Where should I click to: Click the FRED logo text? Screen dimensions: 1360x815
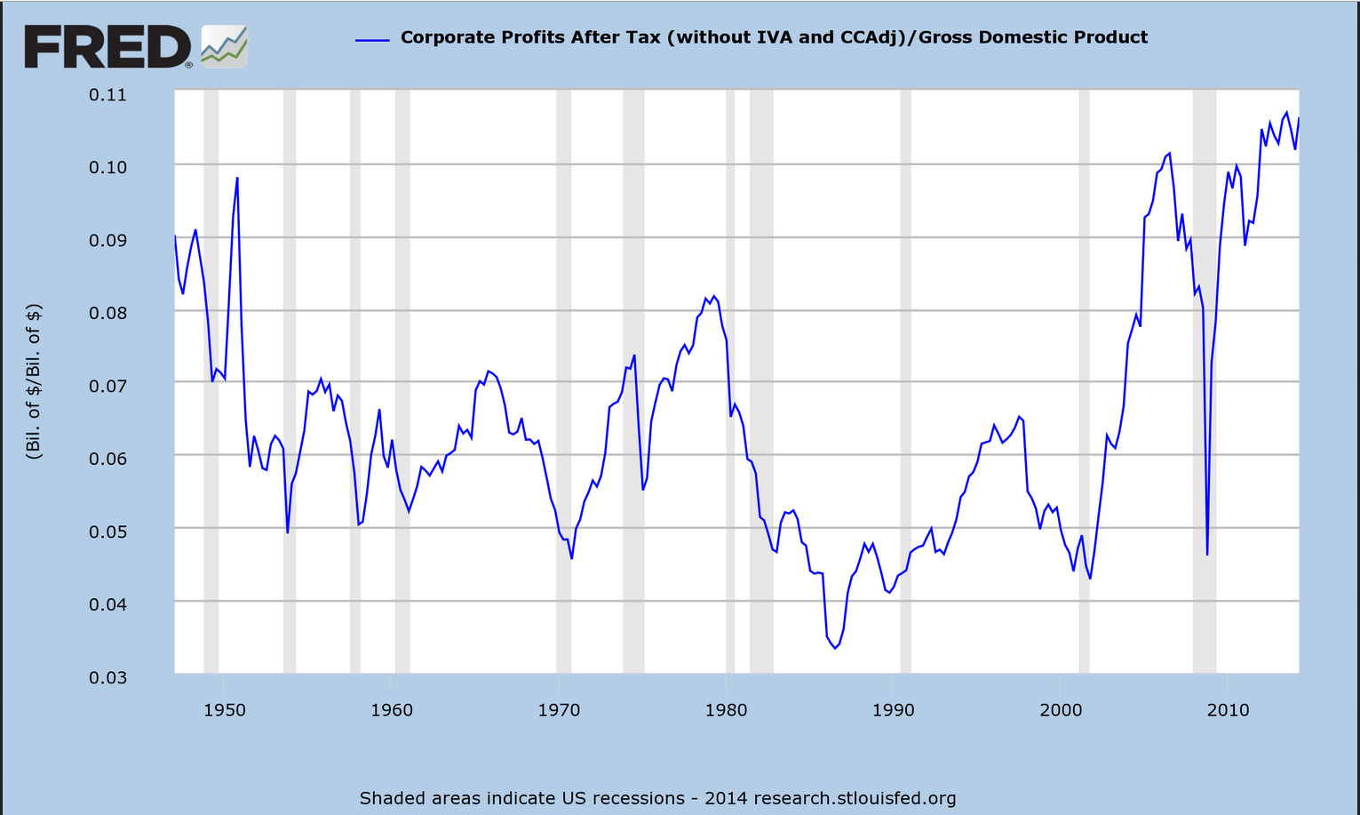(x=107, y=47)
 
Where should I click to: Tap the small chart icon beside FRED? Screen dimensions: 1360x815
(x=224, y=47)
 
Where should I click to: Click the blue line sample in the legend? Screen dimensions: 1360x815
(x=372, y=40)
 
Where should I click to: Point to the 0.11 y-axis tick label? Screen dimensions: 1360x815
(x=107, y=95)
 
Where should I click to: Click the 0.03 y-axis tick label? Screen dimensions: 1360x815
(x=107, y=677)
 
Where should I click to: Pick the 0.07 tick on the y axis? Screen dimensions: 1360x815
(x=107, y=386)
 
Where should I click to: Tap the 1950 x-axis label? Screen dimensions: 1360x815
(x=224, y=709)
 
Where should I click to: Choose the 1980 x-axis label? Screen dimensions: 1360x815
(x=726, y=709)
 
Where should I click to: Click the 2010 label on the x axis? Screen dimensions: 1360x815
(x=1228, y=709)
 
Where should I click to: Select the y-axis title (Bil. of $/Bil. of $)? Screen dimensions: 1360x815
(x=34, y=381)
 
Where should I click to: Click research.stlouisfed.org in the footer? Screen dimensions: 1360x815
(x=855, y=798)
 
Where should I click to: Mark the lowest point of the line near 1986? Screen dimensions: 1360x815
(x=835, y=648)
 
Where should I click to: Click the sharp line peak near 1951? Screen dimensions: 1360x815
(x=237, y=178)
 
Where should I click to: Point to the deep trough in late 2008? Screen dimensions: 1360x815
(x=1207, y=554)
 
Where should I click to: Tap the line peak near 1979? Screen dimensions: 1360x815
(x=713, y=296)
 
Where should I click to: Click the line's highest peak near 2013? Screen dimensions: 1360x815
(x=1286, y=112)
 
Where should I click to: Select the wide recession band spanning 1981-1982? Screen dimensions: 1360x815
(x=761, y=381)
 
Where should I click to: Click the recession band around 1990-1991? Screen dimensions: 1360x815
(x=905, y=381)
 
